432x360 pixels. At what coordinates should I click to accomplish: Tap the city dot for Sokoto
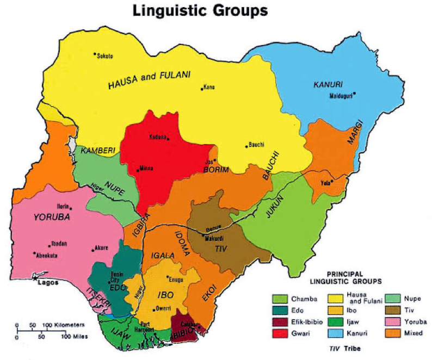click(95, 54)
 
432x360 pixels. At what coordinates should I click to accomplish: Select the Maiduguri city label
click(341, 97)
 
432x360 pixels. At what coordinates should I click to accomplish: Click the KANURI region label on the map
click(328, 85)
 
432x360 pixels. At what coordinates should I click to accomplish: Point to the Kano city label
click(209, 87)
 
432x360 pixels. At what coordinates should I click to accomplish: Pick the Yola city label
click(326, 183)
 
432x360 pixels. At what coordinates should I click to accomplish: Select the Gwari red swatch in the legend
click(280, 332)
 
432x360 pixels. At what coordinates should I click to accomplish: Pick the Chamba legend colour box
click(280, 299)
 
